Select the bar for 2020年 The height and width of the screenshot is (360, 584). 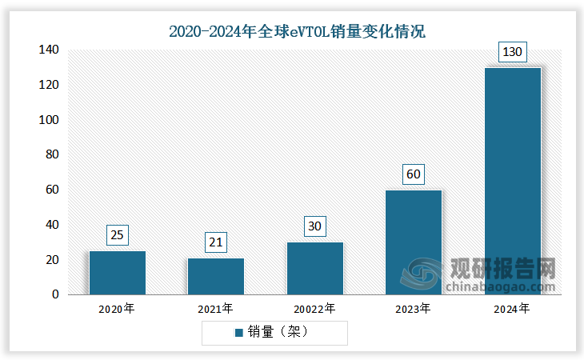[118, 273]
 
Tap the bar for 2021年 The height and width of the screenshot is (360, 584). [216, 276]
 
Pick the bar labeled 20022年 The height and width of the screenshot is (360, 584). [315, 268]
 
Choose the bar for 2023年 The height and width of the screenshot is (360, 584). [414, 242]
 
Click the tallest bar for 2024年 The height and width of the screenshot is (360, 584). [513, 181]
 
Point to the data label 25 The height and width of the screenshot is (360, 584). [118, 235]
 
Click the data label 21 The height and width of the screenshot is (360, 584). [216, 242]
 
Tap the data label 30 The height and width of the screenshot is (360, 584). [315, 226]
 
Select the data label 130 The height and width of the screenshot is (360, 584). [513, 52]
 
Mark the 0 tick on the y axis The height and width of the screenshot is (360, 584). [55, 294]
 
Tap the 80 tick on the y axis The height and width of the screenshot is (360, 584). [51, 154]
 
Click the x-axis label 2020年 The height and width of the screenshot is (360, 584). [118, 308]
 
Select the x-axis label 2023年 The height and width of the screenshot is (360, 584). [414, 308]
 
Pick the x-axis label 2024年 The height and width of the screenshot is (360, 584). [513, 308]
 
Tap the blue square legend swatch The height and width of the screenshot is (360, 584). [238, 332]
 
